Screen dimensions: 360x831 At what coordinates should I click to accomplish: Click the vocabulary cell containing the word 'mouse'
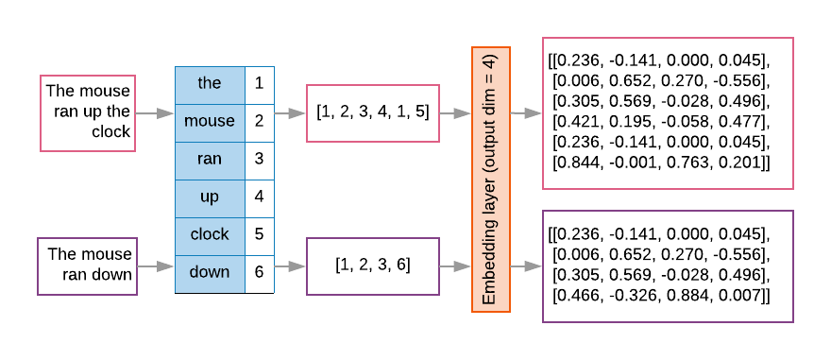tap(210, 121)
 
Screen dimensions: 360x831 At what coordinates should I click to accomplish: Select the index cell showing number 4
tap(259, 197)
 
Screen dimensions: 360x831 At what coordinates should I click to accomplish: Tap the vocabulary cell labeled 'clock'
tap(210, 235)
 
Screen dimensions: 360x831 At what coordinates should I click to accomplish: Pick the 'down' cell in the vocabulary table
tap(210, 272)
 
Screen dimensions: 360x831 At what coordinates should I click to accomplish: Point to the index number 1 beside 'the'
tap(259, 83)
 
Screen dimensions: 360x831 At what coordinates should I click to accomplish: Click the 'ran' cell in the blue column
tap(210, 159)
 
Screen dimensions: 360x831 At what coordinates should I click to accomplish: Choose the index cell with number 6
tap(259, 272)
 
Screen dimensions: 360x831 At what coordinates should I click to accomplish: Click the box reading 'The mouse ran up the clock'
tap(87, 113)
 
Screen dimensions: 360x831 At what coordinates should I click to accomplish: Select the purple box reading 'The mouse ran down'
tap(87, 266)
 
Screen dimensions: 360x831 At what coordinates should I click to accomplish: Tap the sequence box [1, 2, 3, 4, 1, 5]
tap(373, 113)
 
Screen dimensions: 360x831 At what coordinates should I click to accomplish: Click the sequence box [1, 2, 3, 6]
tap(373, 266)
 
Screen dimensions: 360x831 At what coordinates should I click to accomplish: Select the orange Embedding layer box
tap(490, 180)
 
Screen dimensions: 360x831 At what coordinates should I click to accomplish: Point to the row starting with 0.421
tap(659, 124)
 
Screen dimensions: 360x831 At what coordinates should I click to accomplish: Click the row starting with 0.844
tap(659, 163)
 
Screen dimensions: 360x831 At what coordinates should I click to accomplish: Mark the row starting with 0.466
tap(659, 296)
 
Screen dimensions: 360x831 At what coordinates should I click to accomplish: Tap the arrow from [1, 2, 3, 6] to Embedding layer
tap(455, 266)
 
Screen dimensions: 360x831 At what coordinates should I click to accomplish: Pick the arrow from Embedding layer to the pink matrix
tap(525, 113)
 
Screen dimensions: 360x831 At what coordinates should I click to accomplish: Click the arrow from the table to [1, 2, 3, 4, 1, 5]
tap(290, 113)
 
